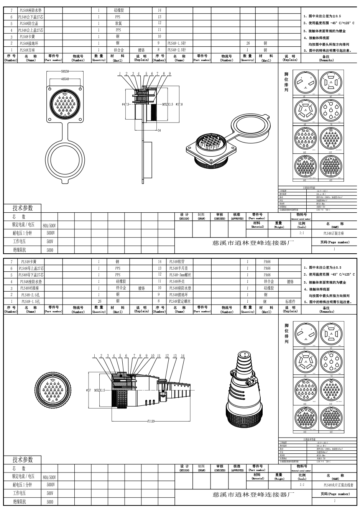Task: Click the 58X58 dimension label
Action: coord(65,72)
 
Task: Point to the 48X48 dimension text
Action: coord(65,79)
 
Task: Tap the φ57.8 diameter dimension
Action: coord(179,104)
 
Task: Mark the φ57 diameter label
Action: coord(89,390)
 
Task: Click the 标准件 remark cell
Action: coord(290,302)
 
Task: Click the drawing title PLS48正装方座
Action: coord(334,233)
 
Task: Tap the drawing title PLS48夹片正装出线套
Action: coord(334,485)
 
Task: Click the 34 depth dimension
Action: coord(159,131)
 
